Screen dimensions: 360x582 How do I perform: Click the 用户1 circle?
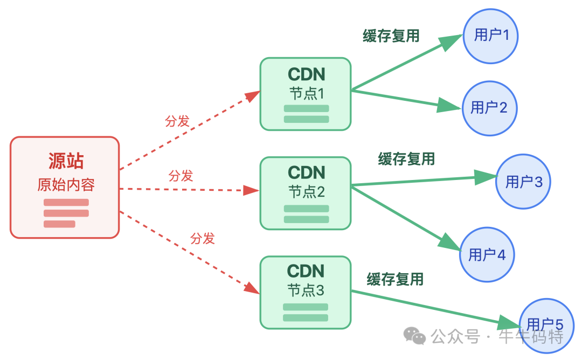491,36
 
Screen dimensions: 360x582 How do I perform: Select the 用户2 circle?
489,108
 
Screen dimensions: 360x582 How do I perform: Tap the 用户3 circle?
523,182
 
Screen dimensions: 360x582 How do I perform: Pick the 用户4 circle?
487,254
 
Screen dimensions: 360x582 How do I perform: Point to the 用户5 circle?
545,324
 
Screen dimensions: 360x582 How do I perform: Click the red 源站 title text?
66,161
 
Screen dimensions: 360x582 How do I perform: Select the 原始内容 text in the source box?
66,185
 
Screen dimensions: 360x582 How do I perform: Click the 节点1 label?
306,94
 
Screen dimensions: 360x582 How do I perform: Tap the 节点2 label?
306,192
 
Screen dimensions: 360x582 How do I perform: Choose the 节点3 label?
306,290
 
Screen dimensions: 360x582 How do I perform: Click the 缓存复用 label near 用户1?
391,36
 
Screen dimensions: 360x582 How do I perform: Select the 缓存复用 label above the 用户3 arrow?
406,159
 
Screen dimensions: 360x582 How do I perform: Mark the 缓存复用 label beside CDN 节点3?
395,279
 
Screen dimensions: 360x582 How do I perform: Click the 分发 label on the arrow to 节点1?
177,121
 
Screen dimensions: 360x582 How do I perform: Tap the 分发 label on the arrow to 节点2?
181,176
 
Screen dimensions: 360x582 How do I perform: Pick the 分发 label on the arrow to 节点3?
203,238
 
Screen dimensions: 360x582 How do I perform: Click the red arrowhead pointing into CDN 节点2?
251,190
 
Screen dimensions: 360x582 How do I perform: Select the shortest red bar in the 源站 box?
59,224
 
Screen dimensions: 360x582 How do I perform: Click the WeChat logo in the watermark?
415,337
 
